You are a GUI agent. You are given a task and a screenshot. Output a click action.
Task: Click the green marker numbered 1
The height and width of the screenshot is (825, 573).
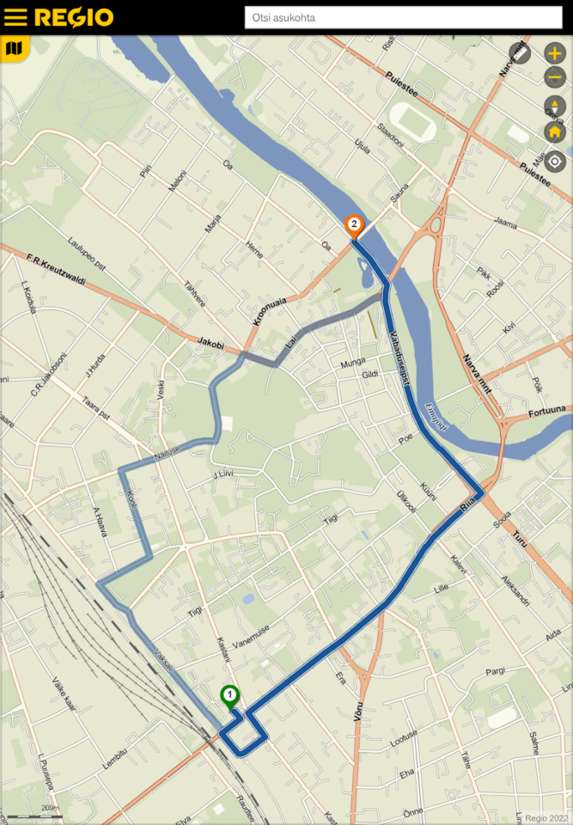[229, 695]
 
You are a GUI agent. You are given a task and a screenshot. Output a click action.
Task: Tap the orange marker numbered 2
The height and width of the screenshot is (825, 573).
[353, 224]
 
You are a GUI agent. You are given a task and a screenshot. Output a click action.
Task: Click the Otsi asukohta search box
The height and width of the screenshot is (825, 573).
[403, 17]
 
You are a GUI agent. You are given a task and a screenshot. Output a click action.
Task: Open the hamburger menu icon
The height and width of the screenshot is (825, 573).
[15, 17]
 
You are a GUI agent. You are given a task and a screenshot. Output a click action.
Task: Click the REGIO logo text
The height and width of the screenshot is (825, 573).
[74, 17]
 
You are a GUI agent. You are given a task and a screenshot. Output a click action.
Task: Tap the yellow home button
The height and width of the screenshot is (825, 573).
[555, 132]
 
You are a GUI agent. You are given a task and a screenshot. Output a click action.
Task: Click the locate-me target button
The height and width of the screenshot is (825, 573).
[555, 161]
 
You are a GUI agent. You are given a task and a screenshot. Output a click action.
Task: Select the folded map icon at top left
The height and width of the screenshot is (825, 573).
[14, 49]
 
